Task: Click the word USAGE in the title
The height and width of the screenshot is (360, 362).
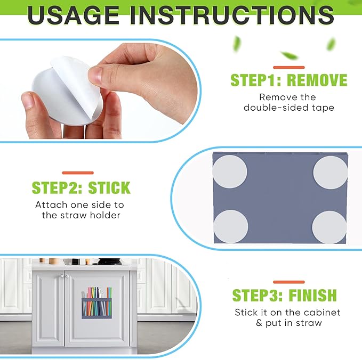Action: point(73,15)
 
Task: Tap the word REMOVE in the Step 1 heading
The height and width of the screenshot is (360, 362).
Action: point(317,80)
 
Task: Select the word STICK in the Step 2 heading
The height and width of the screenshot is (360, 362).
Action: point(109,188)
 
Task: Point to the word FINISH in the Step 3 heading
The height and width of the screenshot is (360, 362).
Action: point(312,295)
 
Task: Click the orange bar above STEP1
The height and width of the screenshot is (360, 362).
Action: point(289,67)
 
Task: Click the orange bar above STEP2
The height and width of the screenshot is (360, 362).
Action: point(78,173)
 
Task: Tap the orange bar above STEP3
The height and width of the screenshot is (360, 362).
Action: point(289,282)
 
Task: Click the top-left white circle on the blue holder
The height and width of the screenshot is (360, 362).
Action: point(229,171)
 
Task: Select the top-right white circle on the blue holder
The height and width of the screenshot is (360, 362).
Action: point(331,173)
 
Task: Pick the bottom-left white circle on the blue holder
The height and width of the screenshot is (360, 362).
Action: point(231,226)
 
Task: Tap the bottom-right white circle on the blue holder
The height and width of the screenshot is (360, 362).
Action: point(329,227)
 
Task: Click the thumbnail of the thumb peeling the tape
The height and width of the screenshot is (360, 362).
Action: point(95,75)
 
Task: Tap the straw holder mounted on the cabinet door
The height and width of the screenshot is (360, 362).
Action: point(96,302)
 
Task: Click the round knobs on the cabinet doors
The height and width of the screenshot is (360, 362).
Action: point(64,276)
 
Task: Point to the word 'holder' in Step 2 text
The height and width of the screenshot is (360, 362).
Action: point(105,215)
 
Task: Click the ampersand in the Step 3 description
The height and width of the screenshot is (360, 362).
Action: point(259,323)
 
